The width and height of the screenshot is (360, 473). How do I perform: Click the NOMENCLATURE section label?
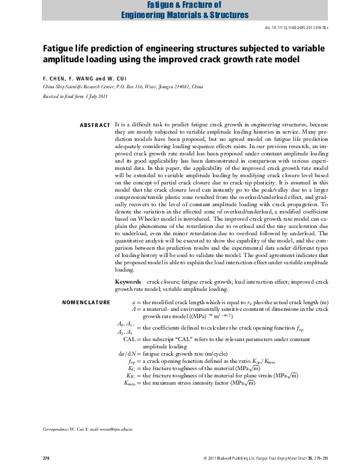[x=87, y=302]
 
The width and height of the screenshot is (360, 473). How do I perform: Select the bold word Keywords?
[x=128, y=282]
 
